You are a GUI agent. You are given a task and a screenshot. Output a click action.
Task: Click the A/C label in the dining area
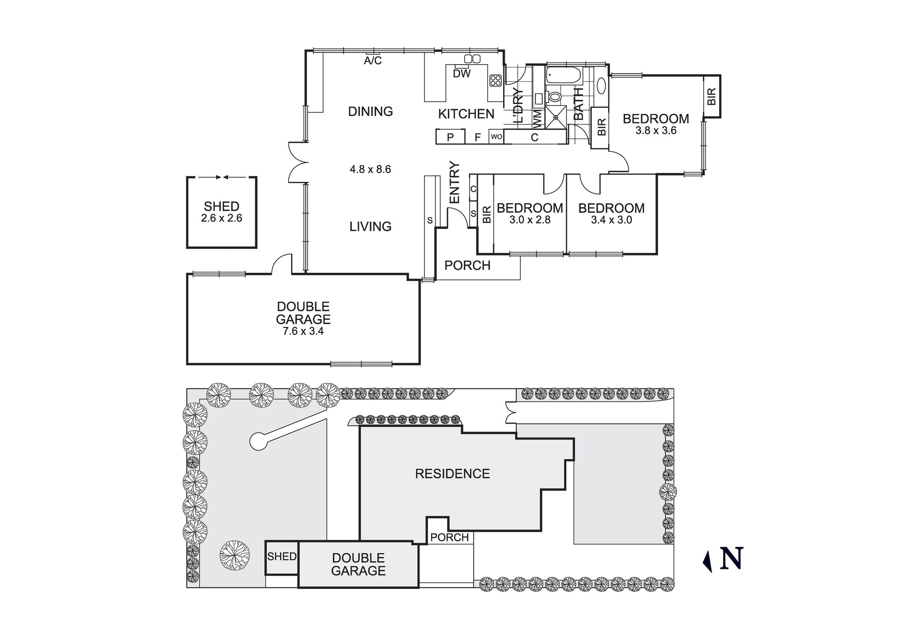pos(373,61)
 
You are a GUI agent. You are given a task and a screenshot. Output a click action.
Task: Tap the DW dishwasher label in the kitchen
pos(461,74)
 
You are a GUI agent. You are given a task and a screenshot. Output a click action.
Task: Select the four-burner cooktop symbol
pos(495,80)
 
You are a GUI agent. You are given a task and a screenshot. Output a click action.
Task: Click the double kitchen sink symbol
pos(472,59)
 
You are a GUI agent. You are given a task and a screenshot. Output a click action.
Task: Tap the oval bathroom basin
pos(602,86)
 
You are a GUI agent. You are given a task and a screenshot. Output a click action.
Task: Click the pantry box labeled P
pos(450,137)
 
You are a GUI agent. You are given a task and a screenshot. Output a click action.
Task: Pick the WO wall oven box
pos(496,137)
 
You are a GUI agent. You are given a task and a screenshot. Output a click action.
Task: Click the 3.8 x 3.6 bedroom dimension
pos(656,131)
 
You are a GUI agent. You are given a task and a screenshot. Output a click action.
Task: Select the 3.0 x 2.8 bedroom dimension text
pos(530,220)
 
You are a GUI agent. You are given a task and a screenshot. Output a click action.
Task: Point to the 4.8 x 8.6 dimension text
pos(370,170)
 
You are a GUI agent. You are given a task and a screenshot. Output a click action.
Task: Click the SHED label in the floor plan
pos(221,207)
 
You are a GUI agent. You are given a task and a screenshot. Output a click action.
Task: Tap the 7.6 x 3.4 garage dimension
pos(303,331)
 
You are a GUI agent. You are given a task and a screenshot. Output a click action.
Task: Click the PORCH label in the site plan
pos(449,537)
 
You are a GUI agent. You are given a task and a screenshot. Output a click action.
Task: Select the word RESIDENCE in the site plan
pos(452,474)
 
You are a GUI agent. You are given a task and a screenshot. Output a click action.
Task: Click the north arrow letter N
pos(731,559)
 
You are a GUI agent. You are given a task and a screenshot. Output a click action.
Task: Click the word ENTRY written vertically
pos(454,182)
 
